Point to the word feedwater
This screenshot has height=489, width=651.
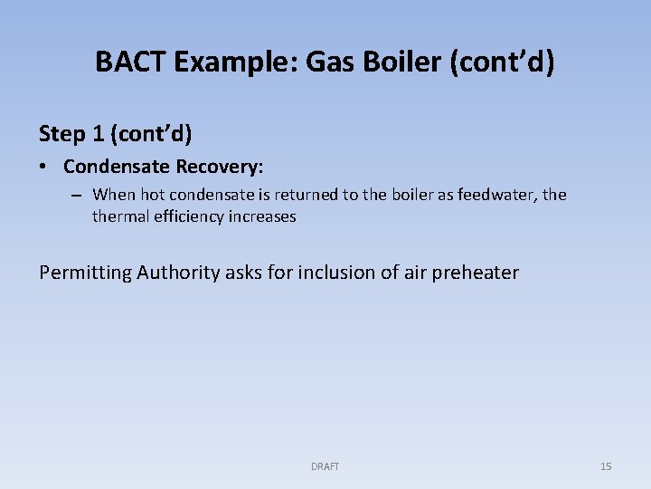(x=499, y=194)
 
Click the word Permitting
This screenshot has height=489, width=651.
(x=85, y=273)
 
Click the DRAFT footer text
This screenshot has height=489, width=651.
(x=325, y=466)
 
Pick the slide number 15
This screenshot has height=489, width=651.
(x=606, y=466)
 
